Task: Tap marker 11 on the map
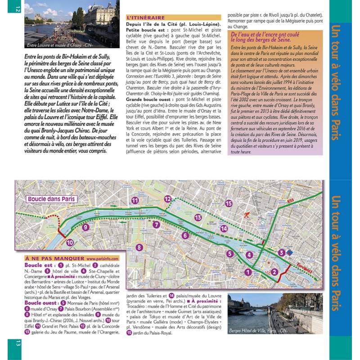tap(135, 200)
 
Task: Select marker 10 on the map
tap(70, 242)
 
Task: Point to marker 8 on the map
tap(139, 247)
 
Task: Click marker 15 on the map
tap(229, 203)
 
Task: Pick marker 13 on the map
tap(198, 217)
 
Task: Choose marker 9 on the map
tap(85, 227)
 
